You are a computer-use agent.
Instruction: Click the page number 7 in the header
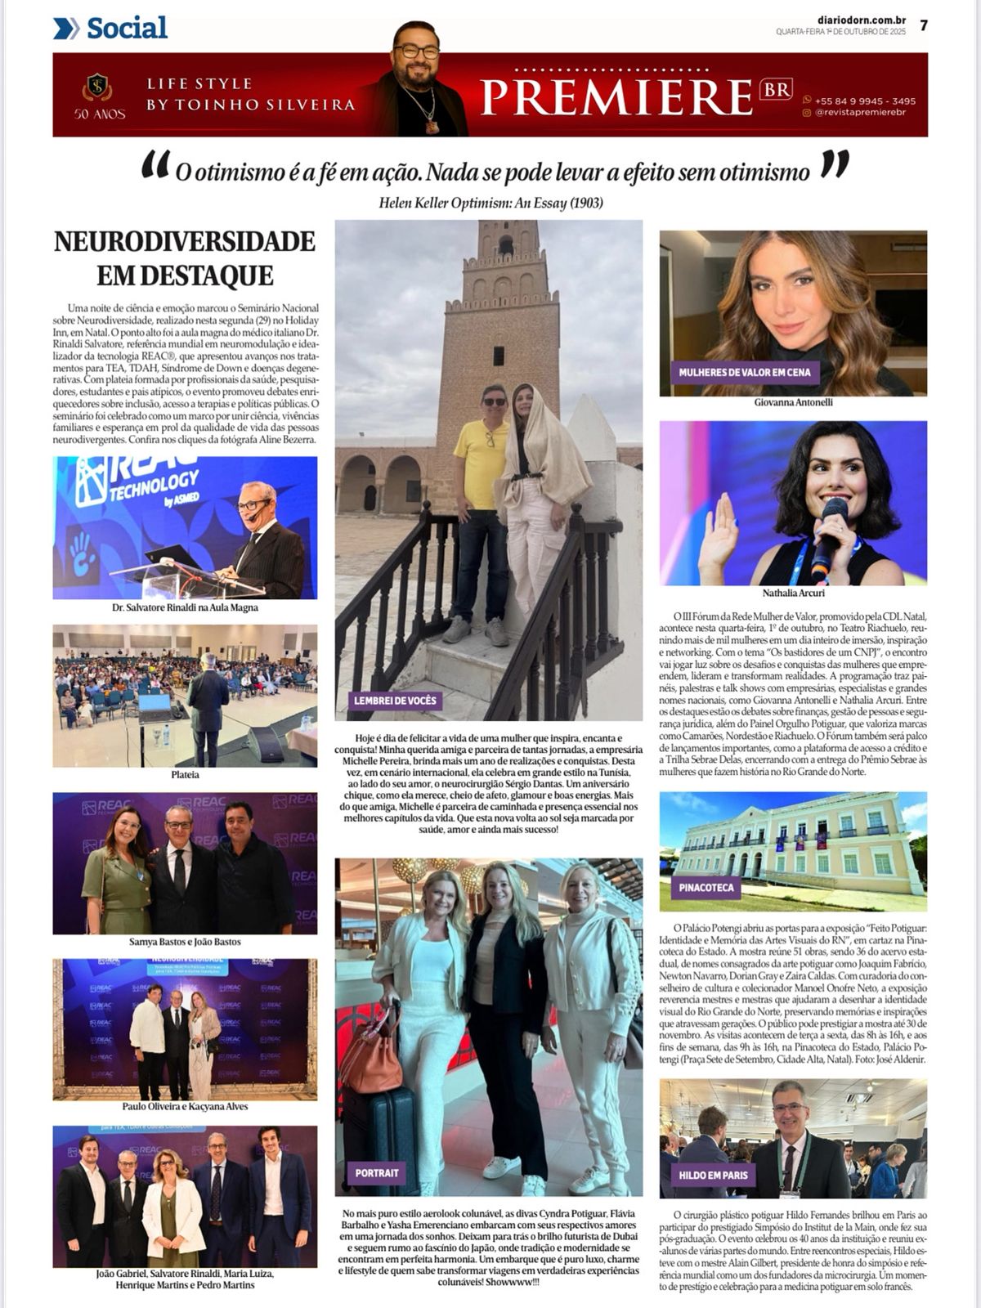click(923, 25)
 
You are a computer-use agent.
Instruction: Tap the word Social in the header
click(127, 28)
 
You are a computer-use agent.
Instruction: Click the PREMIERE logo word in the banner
click(615, 96)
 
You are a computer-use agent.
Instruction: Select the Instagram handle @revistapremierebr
click(863, 114)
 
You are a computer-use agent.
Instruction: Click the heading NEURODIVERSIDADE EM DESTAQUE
click(185, 258)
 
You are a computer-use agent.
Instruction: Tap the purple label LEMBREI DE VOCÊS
click(395, 701)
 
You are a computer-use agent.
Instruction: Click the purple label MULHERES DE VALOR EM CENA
click(744, 373)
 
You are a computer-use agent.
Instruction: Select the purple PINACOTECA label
click(706, 887)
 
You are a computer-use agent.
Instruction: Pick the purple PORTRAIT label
click(377, 1172)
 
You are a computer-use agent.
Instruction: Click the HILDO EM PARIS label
click(712, 1175)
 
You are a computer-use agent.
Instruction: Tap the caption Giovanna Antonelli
click(793, 403)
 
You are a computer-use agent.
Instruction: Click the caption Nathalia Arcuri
click(793, 593)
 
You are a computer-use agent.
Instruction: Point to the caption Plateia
click(185, 774)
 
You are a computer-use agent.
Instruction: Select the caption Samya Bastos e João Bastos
click(185, 942)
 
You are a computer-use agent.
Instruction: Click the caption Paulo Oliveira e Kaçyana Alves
click(185, 1107)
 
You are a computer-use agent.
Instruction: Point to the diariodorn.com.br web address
click(849, 20)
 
